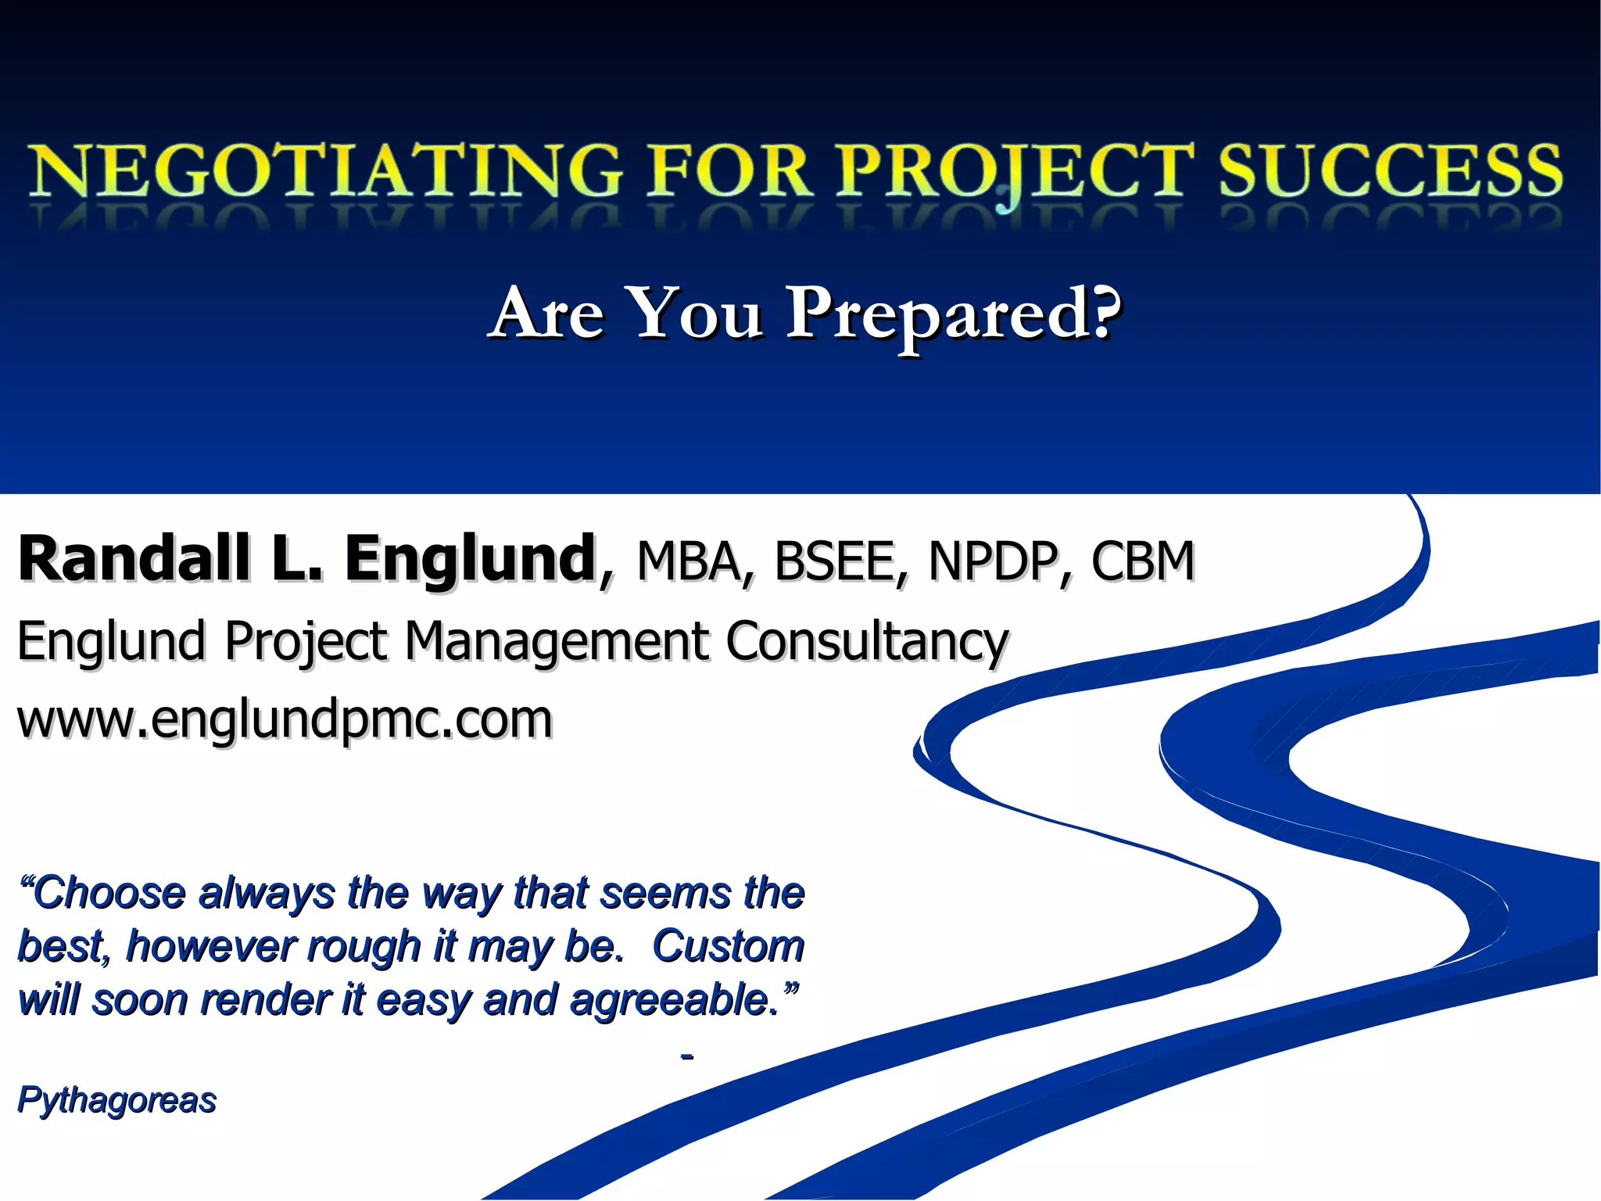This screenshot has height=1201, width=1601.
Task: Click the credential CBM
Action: click(1143, 561)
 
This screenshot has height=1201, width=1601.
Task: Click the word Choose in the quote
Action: click(109, 893)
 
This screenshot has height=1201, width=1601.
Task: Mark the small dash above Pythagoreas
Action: click(687, 1057)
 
